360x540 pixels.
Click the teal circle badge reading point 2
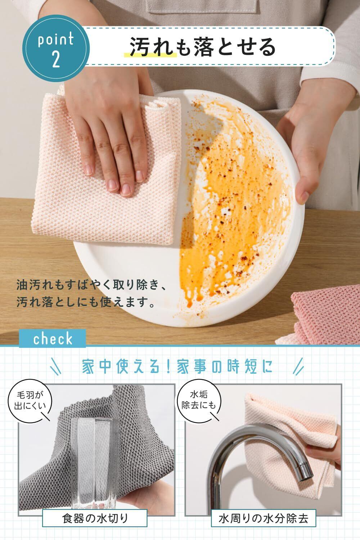56,48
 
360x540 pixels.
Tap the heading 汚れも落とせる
203,47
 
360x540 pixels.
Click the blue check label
52,338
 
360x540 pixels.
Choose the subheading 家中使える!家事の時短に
177,366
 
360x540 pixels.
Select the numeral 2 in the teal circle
56,59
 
